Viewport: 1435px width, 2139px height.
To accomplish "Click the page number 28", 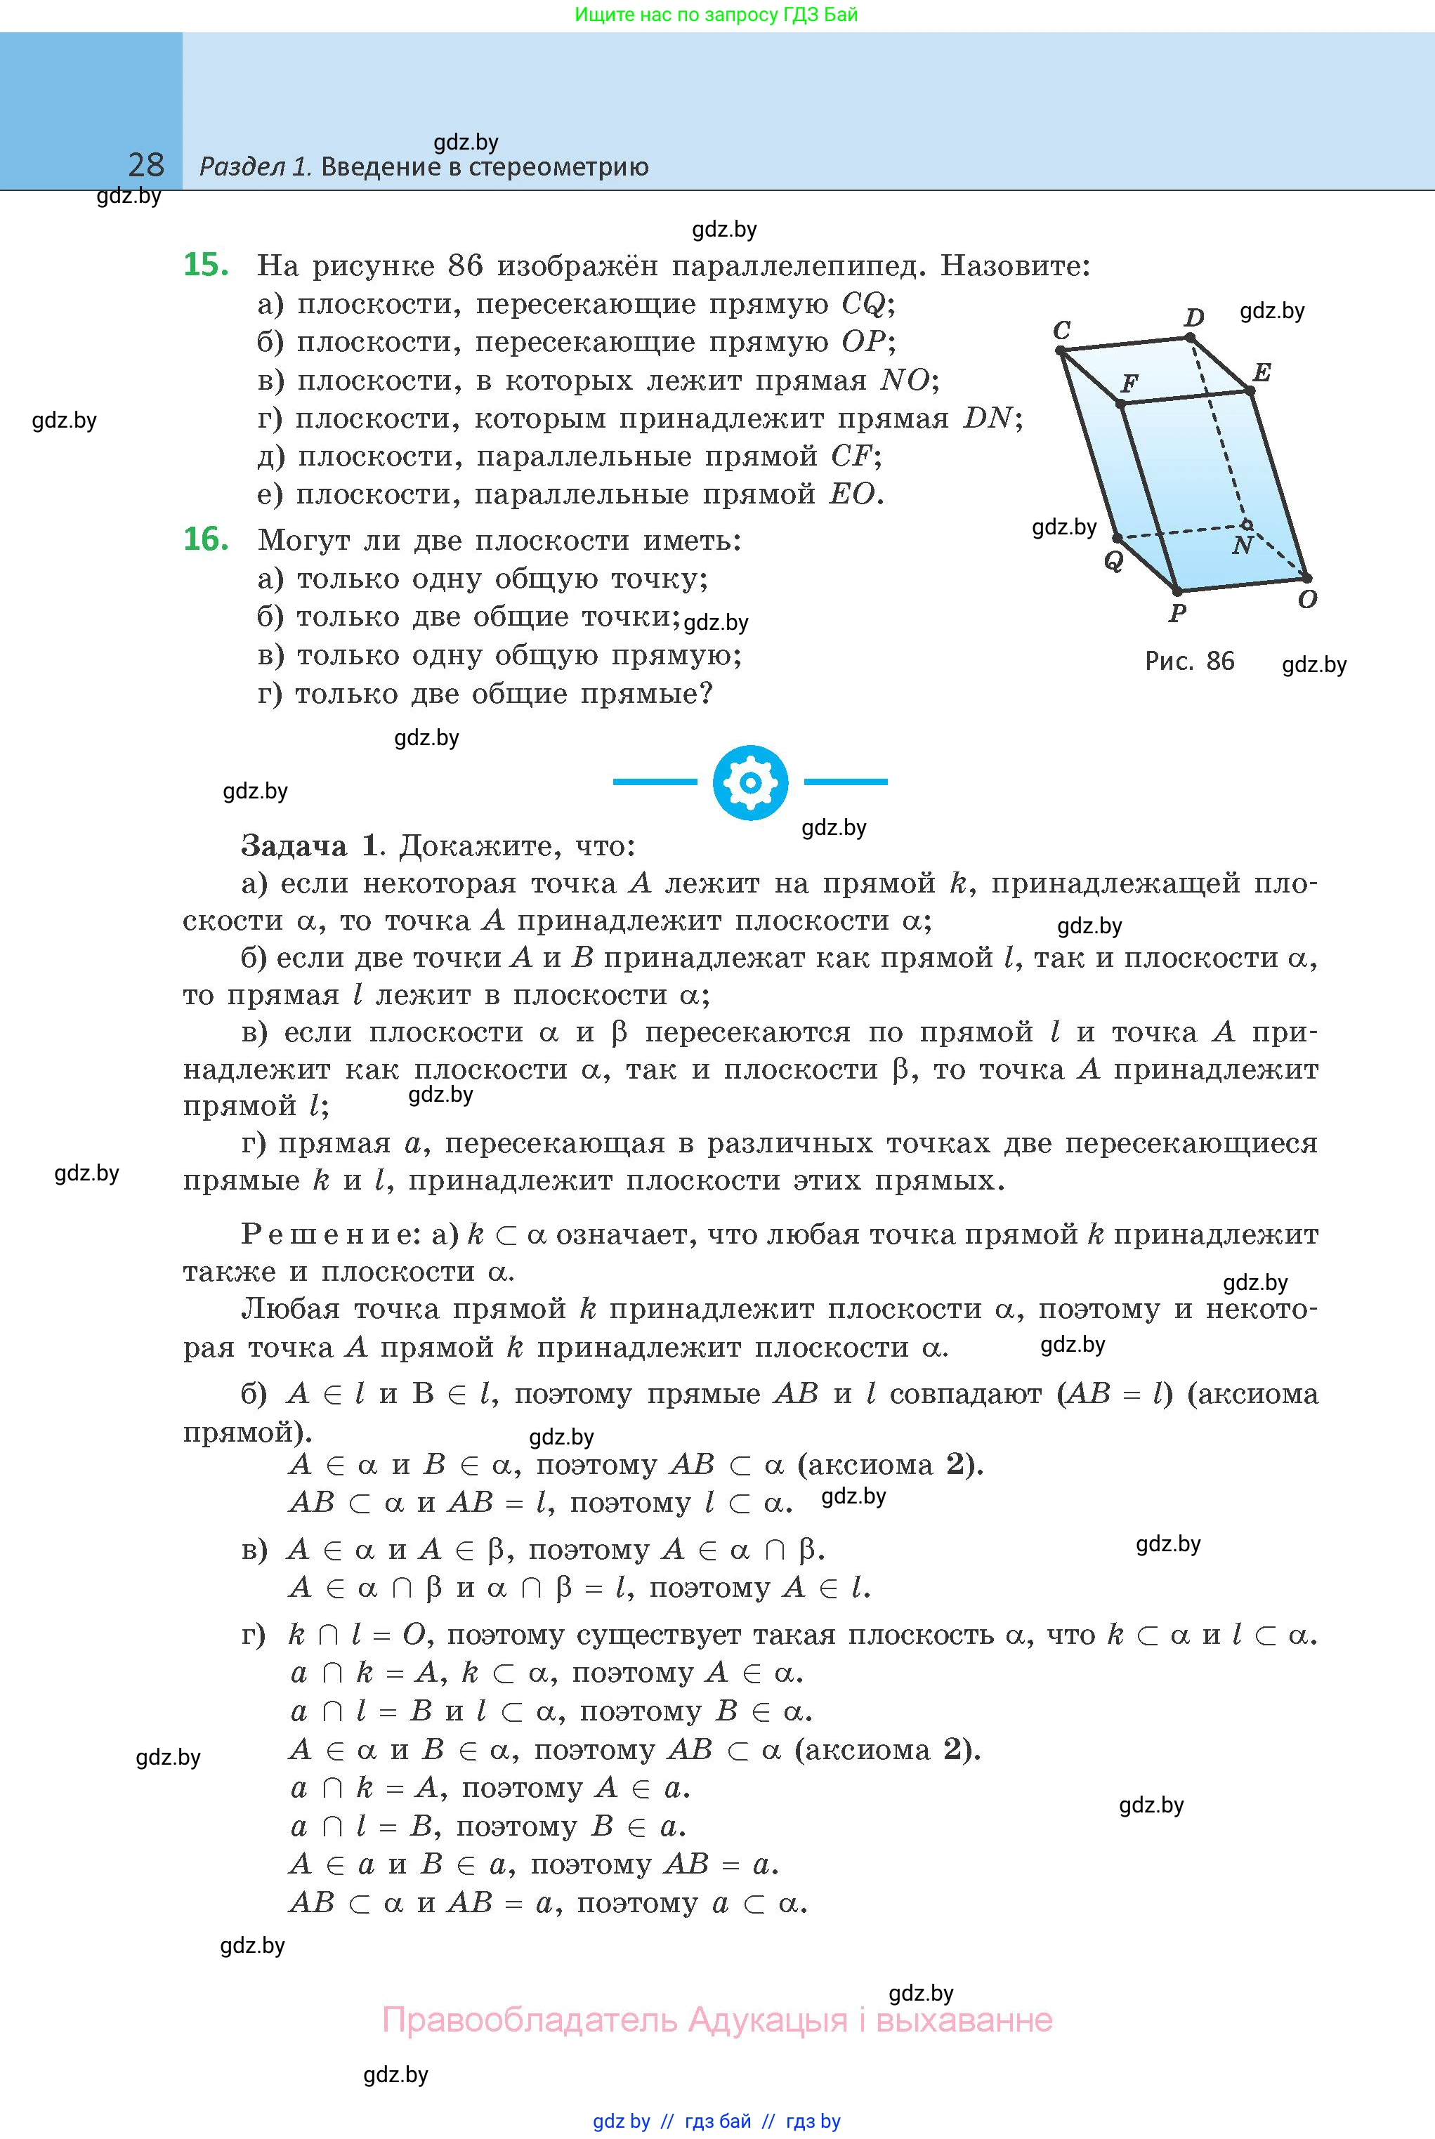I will click(x=146, y=165).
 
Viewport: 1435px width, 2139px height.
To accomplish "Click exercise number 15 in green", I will click(x=206, y=265).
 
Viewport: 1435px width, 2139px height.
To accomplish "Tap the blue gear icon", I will click(x=749, y=782).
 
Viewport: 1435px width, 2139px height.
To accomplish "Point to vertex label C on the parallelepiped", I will click(x=1061, y=329).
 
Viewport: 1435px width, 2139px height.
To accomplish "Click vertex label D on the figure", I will click(x=1194, y=317).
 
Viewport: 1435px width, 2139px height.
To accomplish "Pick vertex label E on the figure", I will click(x=1262, y=372).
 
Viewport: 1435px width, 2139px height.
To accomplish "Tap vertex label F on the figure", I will click(x=1129, y=383).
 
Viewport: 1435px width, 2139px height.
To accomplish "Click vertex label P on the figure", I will click(x=1178, y=612).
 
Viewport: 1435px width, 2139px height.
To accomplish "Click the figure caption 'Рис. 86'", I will click(x=1189, y=661).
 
